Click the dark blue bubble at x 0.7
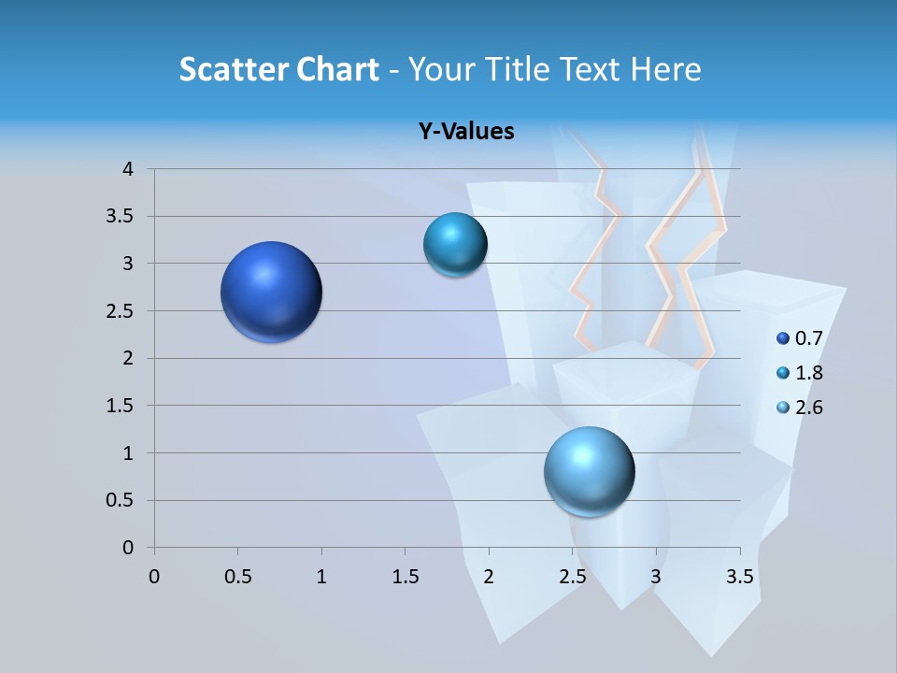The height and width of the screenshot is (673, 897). pos(272,292)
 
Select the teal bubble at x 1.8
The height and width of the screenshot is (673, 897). pos(455,245)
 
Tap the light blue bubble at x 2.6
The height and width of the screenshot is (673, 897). pos(590,472)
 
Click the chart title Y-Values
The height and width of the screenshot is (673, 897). pos(465,132)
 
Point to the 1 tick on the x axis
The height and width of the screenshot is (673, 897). pos(321,577)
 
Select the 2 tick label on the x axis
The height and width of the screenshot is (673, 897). pos(489,577)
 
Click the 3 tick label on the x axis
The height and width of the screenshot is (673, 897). pos(656,577)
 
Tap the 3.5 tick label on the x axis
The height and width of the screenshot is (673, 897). pos(739,577)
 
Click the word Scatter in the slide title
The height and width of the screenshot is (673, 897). pos(234,69)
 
